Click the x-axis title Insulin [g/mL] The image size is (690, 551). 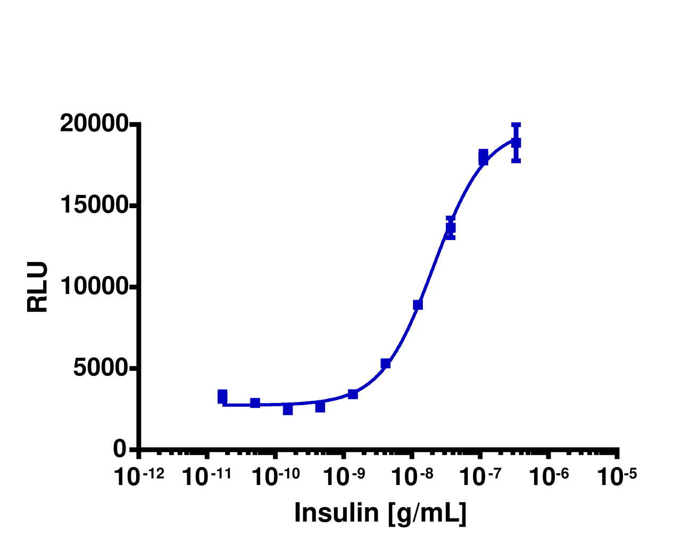click(x=380, y=513)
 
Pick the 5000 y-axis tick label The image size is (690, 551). click(x=101, y=368)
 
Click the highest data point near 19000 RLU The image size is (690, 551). click(x=516, y=142)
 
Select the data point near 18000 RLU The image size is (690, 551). click(x=483, y=158)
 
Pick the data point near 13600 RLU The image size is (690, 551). click(x=451, y=228)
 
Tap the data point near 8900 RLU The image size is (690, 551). click(x=418, y=305)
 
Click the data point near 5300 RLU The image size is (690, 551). click(x=386, y=364)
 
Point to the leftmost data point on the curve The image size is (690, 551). click(x=222, y=397)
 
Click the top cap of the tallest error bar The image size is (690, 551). click(x=516, y=125)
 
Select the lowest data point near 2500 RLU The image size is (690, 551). click(x=288, y=409)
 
